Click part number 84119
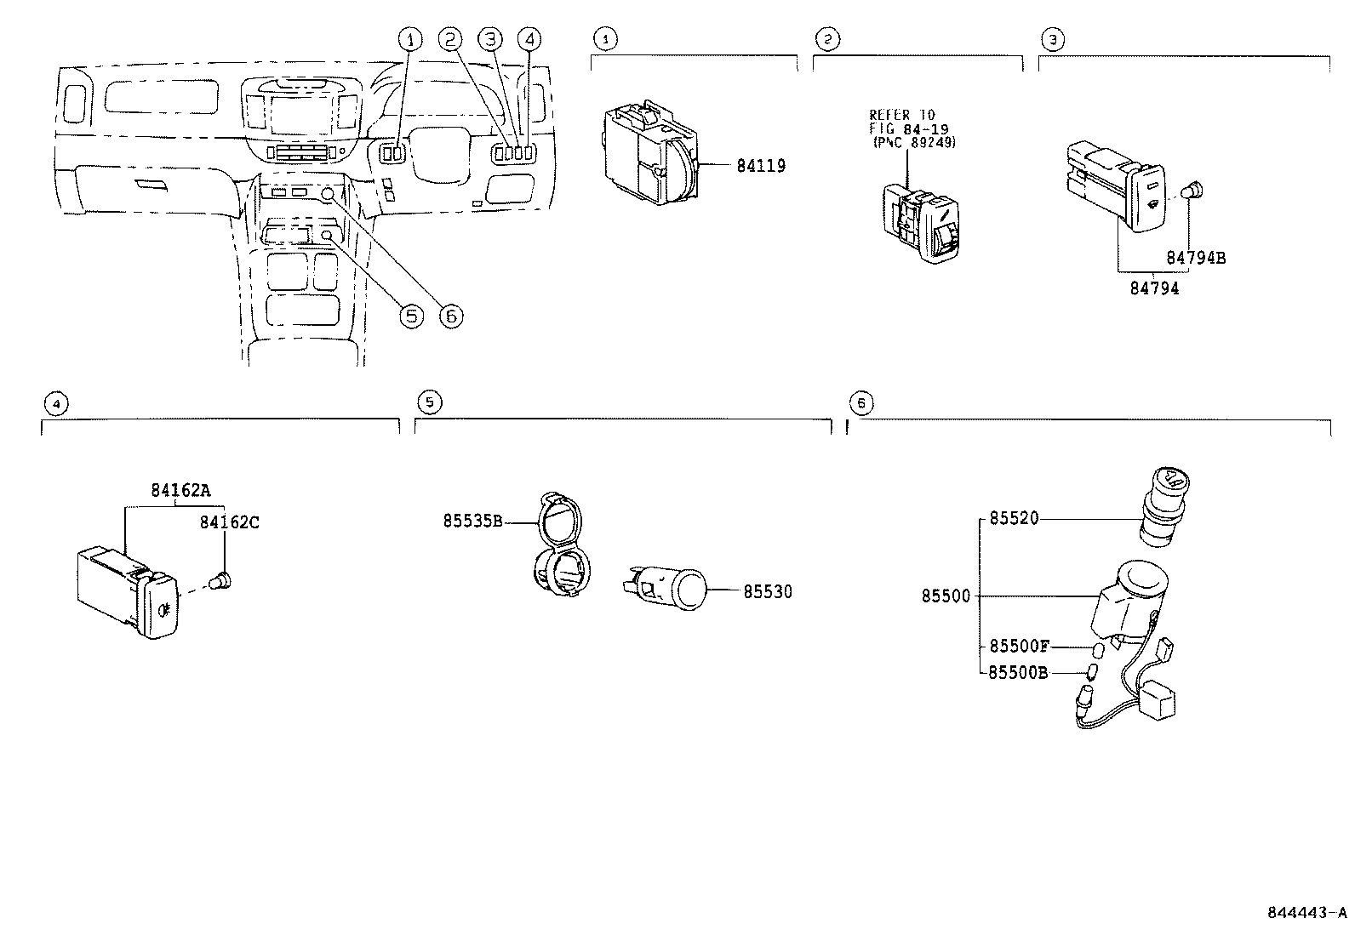point(761,166)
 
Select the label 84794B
point(1195,257)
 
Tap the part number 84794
point(1154,288)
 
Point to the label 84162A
point(180,490)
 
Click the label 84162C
point(229,522)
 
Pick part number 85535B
point(472,520)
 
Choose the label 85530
point(767,591)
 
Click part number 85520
point(1014,518)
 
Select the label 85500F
point(1020,646)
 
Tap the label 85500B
point(1019,672)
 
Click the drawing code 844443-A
point(1307,913)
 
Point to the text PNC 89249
point(915,142)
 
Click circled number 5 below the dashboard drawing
point(410,316)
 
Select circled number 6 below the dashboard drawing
point(450,316)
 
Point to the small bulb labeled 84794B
point(1195,190)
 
